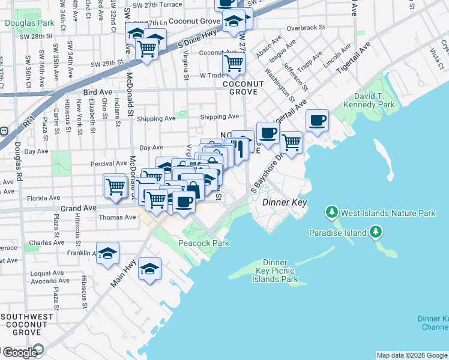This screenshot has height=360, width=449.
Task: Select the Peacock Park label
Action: point(204,243)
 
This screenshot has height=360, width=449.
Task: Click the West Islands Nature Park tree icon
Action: point(331,212)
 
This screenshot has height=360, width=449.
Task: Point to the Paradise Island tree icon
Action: point(375,232)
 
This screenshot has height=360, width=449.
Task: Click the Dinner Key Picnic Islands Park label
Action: point(275,271)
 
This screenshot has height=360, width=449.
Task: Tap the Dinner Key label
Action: point(285,203)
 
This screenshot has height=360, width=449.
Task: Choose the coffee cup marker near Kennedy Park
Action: point(317,121)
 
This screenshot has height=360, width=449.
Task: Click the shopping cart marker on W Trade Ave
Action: point(233,62)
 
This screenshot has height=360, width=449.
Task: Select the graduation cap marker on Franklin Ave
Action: point(107,254)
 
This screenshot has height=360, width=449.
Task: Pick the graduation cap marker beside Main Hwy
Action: point(149,269)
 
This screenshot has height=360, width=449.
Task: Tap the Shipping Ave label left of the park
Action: point(155,118)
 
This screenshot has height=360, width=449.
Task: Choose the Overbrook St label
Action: point(306,28)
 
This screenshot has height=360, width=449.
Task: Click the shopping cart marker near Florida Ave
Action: point(114,185)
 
